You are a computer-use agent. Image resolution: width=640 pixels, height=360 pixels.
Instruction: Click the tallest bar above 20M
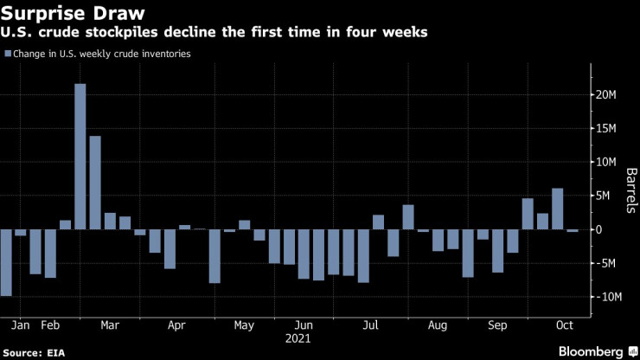click(80, 156)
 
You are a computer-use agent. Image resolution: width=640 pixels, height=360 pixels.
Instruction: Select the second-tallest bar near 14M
click(95, 183)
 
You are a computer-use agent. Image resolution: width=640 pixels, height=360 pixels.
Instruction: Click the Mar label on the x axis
click(110, 325)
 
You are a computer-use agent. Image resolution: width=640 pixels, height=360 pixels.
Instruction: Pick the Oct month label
click(565, 325)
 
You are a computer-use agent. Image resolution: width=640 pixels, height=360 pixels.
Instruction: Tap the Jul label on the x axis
click(371, 325)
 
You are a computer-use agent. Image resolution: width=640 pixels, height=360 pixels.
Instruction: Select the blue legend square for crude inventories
click(9, 54)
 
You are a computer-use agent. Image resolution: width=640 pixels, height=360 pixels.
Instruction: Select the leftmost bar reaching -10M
click(6, 263)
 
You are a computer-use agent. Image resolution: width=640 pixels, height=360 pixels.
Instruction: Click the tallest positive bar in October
click(557, 209)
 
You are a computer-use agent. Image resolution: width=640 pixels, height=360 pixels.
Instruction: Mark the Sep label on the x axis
click(497, 325)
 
